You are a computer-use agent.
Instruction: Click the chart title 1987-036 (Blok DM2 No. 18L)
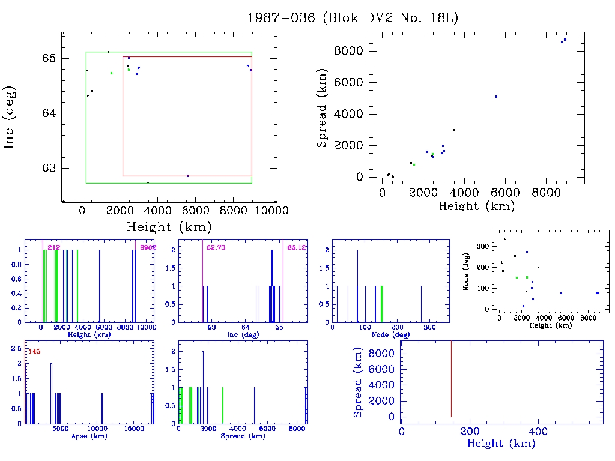(353, 18)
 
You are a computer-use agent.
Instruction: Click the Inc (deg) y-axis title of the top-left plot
(10, 117)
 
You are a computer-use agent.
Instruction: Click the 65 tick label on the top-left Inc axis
(49, 58)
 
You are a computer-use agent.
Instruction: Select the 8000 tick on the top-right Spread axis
(350, 50)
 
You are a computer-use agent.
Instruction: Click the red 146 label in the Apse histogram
(34, 351)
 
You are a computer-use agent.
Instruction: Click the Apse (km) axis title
(88, 436)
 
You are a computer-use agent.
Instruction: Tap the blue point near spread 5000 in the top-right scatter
(496, 96)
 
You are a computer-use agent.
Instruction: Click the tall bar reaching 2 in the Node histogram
(357, 285)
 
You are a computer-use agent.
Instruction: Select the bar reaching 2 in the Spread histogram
(202, 384)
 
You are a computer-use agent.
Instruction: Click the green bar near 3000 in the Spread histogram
(223, 405)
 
